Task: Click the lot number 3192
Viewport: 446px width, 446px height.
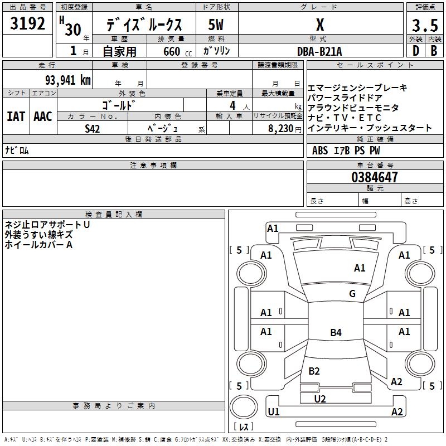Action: click(27, 23)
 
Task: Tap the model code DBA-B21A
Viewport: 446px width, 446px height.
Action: click(319, 51)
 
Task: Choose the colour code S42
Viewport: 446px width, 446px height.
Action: click(92, 128)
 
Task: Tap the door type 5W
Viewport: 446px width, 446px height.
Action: click(216, 26)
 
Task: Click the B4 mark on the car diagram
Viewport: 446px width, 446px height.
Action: click(336, 333)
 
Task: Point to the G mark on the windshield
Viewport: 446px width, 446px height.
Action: click(352, 294)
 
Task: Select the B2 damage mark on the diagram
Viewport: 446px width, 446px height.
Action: click(314, 371)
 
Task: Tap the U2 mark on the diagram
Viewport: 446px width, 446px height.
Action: click(319, 399)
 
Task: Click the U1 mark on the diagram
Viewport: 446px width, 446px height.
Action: click(274, 412)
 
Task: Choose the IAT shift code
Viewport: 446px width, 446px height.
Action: click(16, 116)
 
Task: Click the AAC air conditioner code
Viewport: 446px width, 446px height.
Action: click(43, 116)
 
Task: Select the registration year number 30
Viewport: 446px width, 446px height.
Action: click(72, 30)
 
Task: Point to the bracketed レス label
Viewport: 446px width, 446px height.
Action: click(243, 426)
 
